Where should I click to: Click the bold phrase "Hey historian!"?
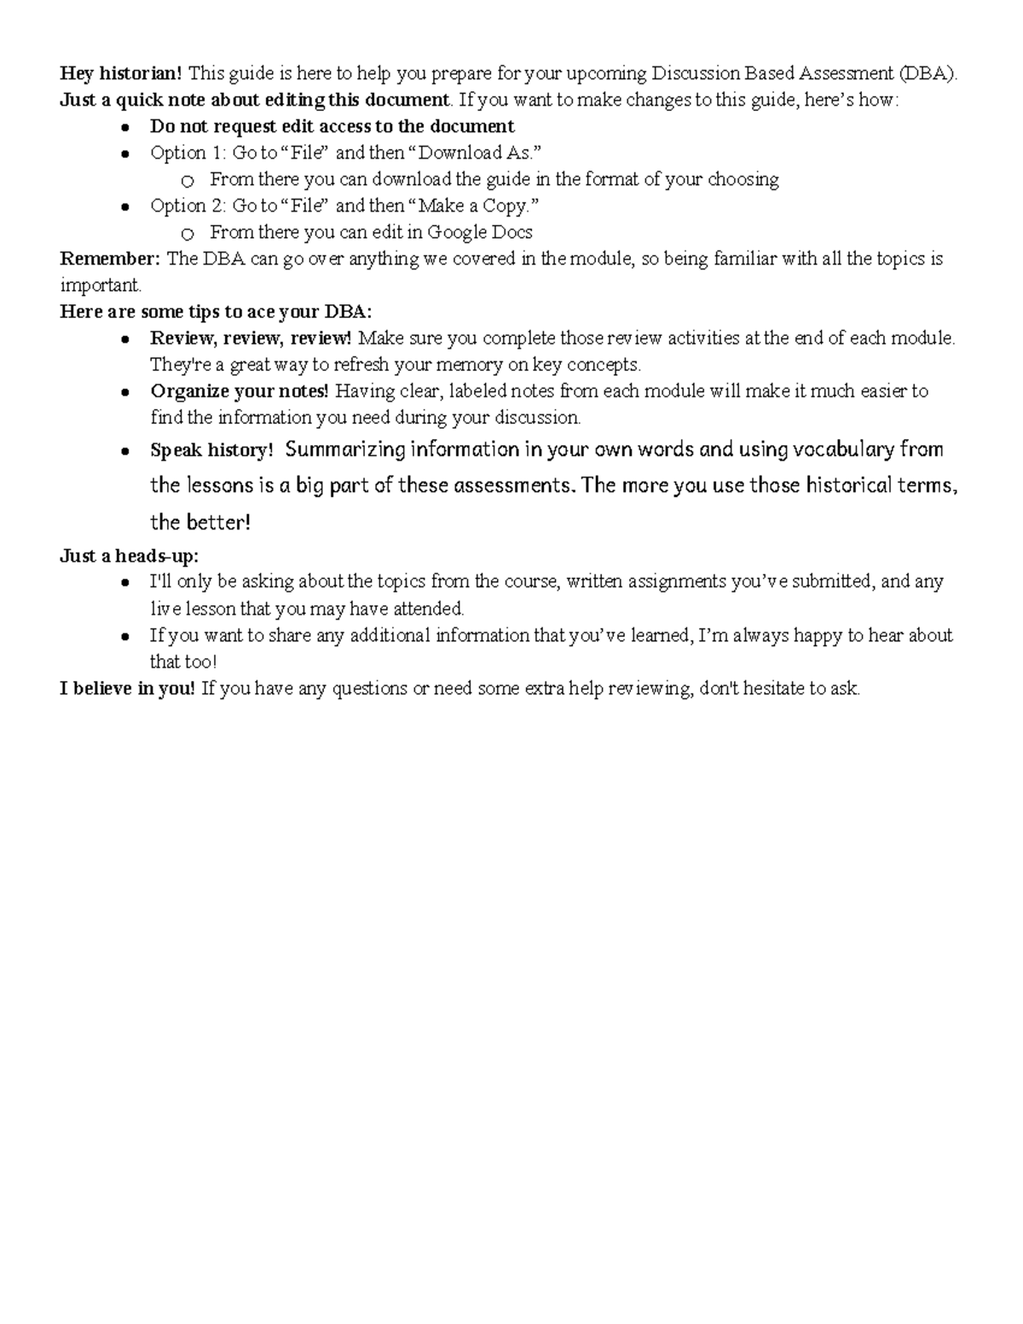click(120, 73)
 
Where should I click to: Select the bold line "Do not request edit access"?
click(332, 126)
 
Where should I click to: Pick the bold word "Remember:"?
click(110, 258)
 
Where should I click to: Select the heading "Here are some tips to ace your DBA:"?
click(216, 311)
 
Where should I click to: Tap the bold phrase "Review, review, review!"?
click(251, 338)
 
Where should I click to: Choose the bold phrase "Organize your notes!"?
click(240, 391)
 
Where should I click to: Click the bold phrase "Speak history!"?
click(211, 450)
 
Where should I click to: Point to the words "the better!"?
click(200, 522)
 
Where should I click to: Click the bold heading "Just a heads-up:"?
click(129, 556)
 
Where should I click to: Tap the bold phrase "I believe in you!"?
click(128, 688)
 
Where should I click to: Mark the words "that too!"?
click(183, 662)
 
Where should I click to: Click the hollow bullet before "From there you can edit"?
click(188, 233)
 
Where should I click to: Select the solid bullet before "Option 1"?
click(125, 153)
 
